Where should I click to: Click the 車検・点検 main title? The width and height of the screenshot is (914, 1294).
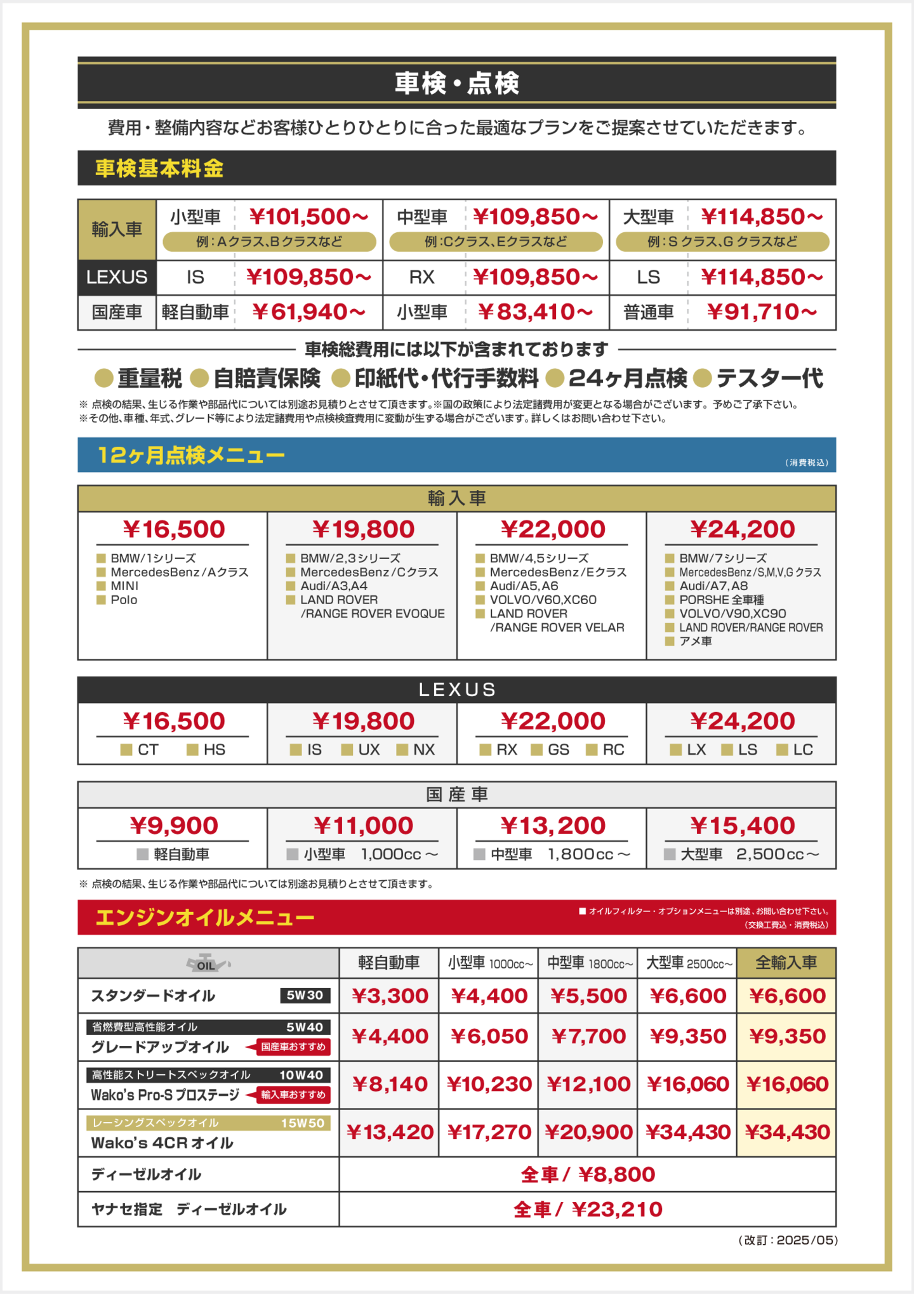(x=457, y=83)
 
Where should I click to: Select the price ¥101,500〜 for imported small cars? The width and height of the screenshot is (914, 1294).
(x=309, y=217)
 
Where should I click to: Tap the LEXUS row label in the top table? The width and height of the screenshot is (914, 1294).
(x=117, y=277)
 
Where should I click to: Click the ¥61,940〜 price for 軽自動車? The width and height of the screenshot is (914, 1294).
(x=309, y=312)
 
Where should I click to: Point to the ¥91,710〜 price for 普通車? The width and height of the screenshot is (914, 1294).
(x=762, y=312)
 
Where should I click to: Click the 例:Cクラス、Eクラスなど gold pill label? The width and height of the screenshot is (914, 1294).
(x=496, y=242)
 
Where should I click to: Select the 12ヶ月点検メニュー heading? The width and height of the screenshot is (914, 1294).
(x=191, y=455)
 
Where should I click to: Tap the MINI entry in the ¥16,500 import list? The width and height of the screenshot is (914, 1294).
(x=124, y=586)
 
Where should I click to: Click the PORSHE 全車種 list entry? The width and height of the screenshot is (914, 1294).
(x=722, y=600)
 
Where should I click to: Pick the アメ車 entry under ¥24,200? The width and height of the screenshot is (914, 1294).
(x=696, y=641)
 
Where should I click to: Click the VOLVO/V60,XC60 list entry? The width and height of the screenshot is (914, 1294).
(x=543, y=600)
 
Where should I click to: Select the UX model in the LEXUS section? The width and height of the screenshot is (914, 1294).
(x=369, y=749)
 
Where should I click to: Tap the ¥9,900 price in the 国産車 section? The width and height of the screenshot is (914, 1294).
(x=173, y=826)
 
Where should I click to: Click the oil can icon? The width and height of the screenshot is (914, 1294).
(x=207, y=963)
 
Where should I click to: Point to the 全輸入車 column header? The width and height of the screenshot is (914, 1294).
(x=786, y=963)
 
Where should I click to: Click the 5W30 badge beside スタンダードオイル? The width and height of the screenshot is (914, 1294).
(x=305, y=995)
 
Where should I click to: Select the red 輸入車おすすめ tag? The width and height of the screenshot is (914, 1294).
(x=293, y=1095)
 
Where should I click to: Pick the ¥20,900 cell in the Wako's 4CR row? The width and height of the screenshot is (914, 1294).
(x=588, y=1132)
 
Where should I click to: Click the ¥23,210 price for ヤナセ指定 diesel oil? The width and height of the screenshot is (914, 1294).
(x=617, y=1210)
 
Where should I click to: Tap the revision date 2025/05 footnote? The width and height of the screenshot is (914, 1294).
(x=807, y=1240)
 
